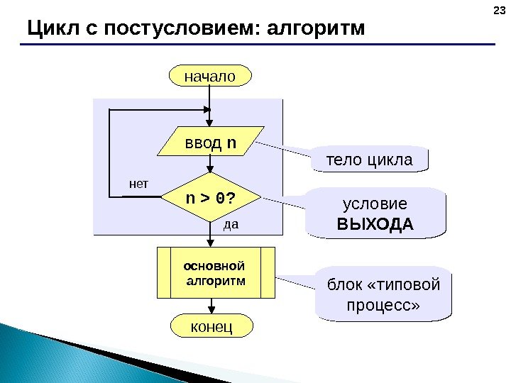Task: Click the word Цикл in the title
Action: (48, 28)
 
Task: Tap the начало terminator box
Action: (210, 75)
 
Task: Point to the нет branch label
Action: (140, 184)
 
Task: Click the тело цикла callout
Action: (369, 160)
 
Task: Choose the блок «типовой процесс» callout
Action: (383, 294)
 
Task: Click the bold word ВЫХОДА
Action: (375, 225)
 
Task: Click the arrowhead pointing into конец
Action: (211, 311)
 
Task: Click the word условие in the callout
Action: (375, 204)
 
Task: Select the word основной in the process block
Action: (214, 267)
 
